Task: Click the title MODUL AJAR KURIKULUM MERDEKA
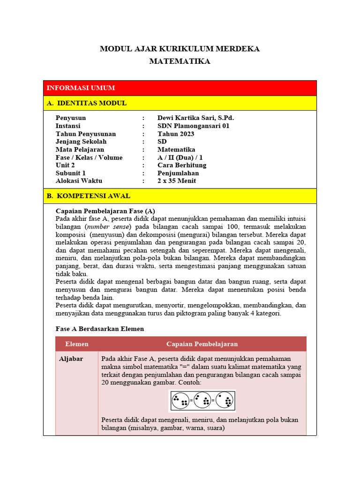click(180, 49)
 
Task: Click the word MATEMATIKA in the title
click(180, 61)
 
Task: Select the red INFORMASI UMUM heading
click(81, 88)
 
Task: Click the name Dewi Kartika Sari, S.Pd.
click(195, 118)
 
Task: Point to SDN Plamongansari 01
click(193, 126)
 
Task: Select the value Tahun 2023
click(176, 134)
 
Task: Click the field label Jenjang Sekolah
click(81, 142)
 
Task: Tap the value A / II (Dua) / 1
click(180, 157)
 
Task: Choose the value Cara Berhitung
click(182, 165)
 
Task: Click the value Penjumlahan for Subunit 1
click(178, 173)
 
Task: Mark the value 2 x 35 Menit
click(177, 181)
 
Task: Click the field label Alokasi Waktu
click(79, 181)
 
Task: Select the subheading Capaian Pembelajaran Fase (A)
click(105, 210)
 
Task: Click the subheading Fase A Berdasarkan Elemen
click(99, 329)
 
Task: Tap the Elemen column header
click(77, 344)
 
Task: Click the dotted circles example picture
click(202, 401)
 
